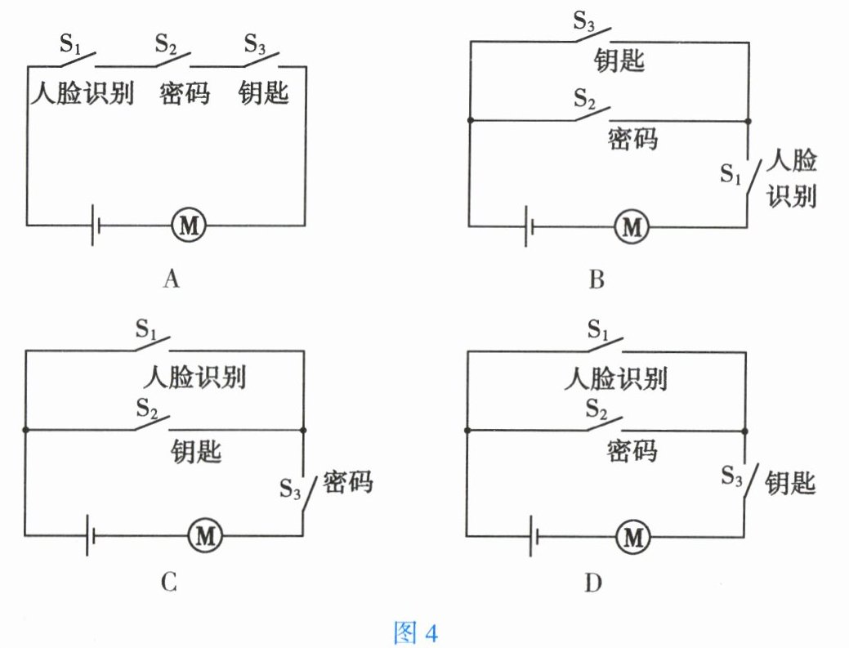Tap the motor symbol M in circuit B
tap(630, 226)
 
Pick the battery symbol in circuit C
tap(91, 536)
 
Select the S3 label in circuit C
tap(290, 488)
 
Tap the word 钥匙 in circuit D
tap(790, 483)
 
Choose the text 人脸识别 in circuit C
tap(195, 378)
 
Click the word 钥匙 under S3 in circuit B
tap(619, 60)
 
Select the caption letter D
tap(594, 582)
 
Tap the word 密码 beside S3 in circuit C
tap(347, 482)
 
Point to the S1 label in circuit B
tap(732, 172)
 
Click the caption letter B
tap(596, 281)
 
